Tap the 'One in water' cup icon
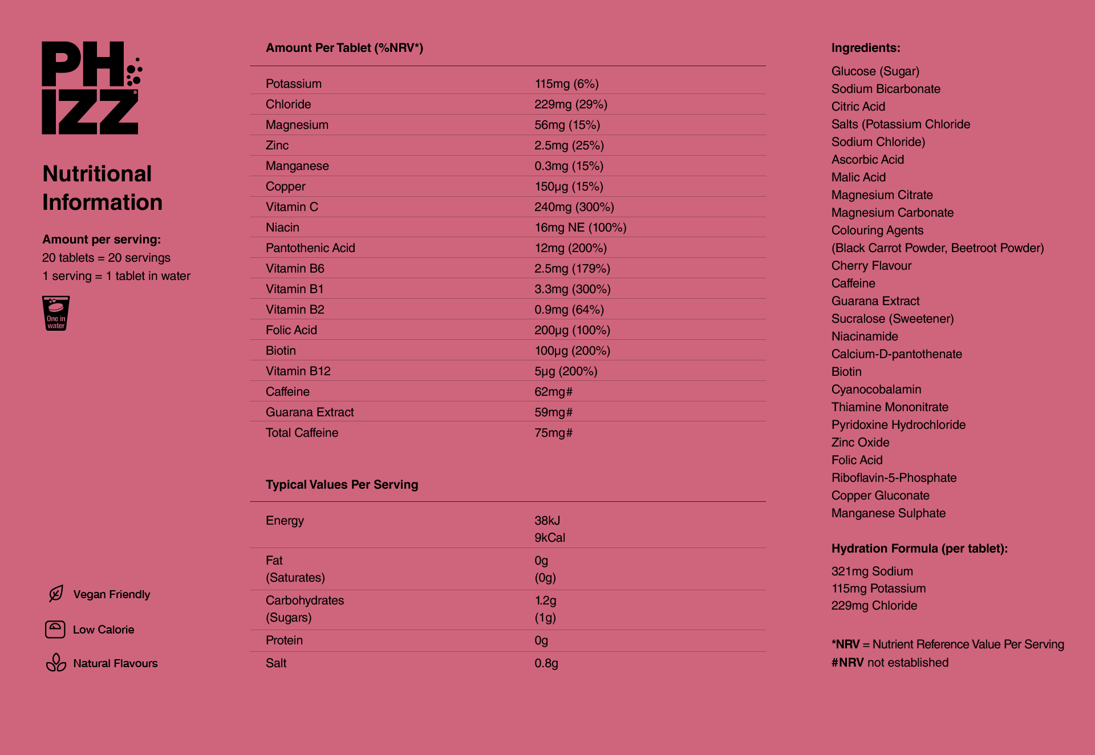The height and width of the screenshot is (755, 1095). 56,313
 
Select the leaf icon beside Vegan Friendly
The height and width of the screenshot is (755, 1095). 56,594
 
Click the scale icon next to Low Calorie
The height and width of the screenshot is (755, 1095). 55,630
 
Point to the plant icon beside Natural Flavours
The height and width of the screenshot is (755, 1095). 56,663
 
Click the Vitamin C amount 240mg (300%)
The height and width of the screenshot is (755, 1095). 574,207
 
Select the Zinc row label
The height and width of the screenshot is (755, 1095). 277,145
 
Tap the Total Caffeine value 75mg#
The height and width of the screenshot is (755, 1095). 553,433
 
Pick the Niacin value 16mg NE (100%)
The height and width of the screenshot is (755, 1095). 580,228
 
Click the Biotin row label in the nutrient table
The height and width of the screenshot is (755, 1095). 281,351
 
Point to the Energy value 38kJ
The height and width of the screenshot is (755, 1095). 547,521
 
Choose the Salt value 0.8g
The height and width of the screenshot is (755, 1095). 546,663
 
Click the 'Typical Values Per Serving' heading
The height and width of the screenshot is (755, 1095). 342,485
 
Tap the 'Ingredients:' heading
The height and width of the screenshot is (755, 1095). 865,48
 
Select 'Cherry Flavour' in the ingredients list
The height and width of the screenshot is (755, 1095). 871,266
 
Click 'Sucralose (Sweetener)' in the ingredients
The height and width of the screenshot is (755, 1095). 892,319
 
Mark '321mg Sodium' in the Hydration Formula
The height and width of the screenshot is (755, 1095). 871,571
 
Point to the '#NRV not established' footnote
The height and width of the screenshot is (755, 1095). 890,663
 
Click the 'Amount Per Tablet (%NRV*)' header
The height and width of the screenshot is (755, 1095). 344,48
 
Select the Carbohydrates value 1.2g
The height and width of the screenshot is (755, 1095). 545,600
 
